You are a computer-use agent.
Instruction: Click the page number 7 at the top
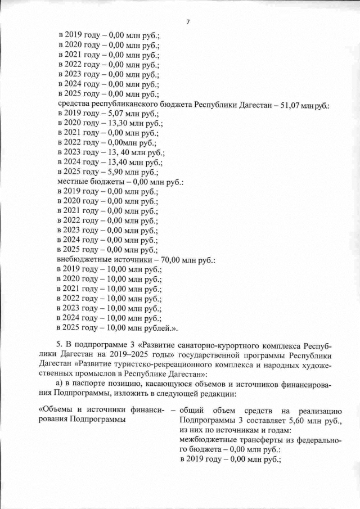187,22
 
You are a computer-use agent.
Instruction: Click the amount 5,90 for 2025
111,170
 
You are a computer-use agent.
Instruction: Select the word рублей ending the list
158,327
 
